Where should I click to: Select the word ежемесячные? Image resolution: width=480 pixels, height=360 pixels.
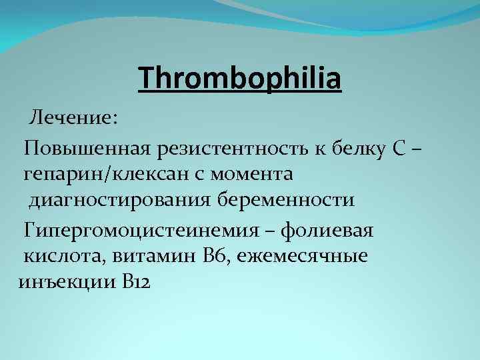coord(310,256)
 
